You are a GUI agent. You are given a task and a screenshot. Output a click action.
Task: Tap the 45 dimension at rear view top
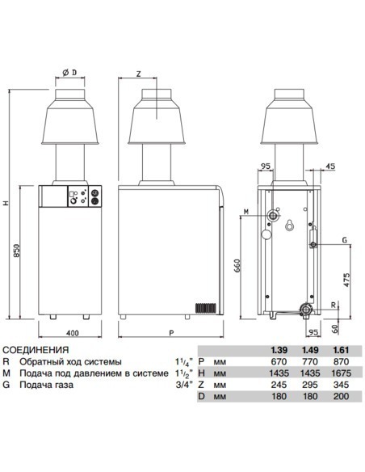click(x=329, y=167)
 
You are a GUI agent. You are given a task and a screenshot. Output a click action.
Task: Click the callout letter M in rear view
click(x=246, y=213)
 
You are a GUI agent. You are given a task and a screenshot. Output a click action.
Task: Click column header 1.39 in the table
click(x=279, y=349)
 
